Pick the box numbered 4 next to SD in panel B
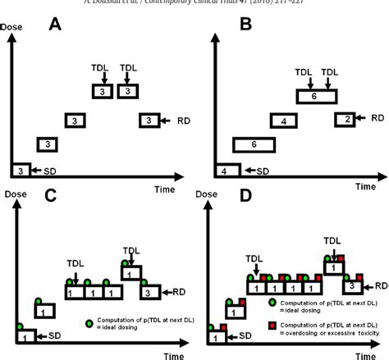tap(224, 171)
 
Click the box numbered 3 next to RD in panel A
tap(148, 121)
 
